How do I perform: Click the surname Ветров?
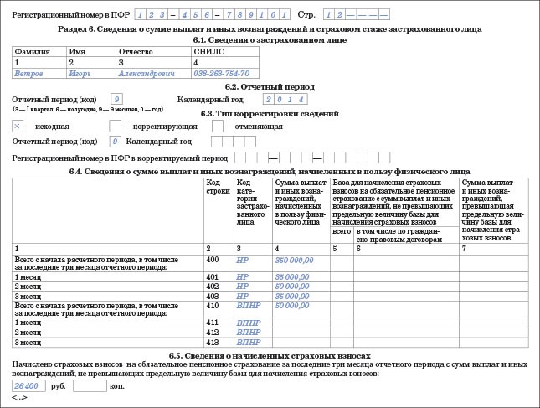coord(30,72)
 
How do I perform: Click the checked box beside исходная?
coord(18,126)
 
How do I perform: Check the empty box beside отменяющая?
coord(218,126)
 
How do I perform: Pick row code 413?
coord(213,342)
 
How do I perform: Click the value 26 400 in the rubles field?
coord(27,385)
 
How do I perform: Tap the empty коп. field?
coord(90,385)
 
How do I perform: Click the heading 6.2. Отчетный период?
coord(270,86)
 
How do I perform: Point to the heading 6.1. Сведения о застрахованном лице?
coord(270,39)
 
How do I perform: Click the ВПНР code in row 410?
coord(248,307)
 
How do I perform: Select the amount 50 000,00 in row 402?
coord(293,286)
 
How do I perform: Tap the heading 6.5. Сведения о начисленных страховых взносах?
coord(270,354)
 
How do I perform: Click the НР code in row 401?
coord(243,276)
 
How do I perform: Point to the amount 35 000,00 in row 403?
coord(293,296)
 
